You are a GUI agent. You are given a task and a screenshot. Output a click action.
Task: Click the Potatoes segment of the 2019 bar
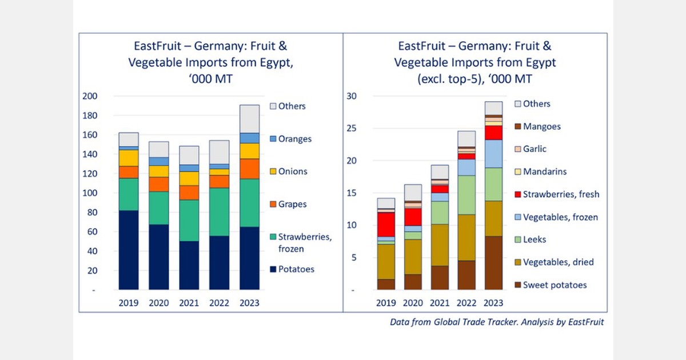coord(129,250)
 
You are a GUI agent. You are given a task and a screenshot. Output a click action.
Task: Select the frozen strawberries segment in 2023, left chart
coord(249,203)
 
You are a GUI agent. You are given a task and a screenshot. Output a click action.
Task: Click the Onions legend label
coord(293,171)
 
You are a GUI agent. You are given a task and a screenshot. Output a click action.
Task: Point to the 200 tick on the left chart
coord(90,96)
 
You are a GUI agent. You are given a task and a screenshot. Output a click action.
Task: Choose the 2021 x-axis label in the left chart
coord(189,303)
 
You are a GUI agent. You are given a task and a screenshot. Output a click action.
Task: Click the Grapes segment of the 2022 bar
coord(219,181)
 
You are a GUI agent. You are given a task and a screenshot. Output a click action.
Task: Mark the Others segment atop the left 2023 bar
coord(249,119)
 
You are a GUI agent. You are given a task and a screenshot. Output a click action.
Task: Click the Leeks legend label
coord(535,239)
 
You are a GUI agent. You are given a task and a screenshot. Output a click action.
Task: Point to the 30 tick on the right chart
coord(352,96)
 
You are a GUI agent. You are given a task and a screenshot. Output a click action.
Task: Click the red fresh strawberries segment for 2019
coord(386,225)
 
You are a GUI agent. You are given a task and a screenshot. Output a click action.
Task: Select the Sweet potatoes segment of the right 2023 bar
coord(493,263)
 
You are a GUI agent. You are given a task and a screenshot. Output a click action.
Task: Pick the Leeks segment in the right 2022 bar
coord(466,195)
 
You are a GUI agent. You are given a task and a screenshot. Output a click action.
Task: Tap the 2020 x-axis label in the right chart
coord(413,303)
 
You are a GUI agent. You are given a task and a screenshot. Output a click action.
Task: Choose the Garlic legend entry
coord(535,149)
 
